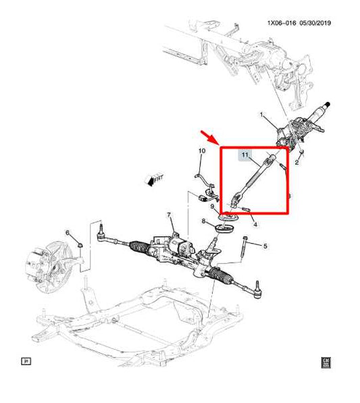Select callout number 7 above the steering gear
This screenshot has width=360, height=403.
pos(170,215)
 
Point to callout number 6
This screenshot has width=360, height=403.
pos(67,233)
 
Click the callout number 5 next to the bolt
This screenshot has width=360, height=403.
pos(265,246)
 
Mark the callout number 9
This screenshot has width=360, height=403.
pos(211,206)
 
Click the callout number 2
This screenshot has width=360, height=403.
pos(296,163)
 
